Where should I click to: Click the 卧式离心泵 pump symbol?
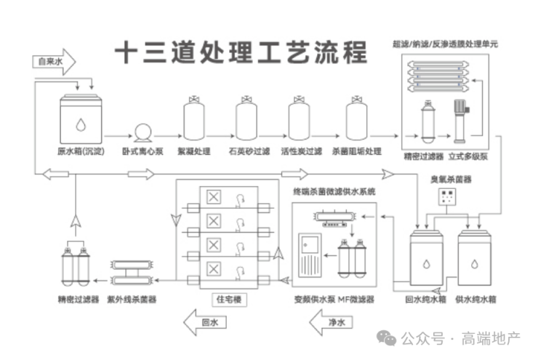click(x=142, y=132)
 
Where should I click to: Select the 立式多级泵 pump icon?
click(x=460, y=120)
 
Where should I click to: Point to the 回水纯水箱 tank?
click(x=427, y=258)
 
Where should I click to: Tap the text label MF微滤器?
click(x=355, y=299)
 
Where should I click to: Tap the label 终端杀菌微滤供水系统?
click(x=334, y=191)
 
